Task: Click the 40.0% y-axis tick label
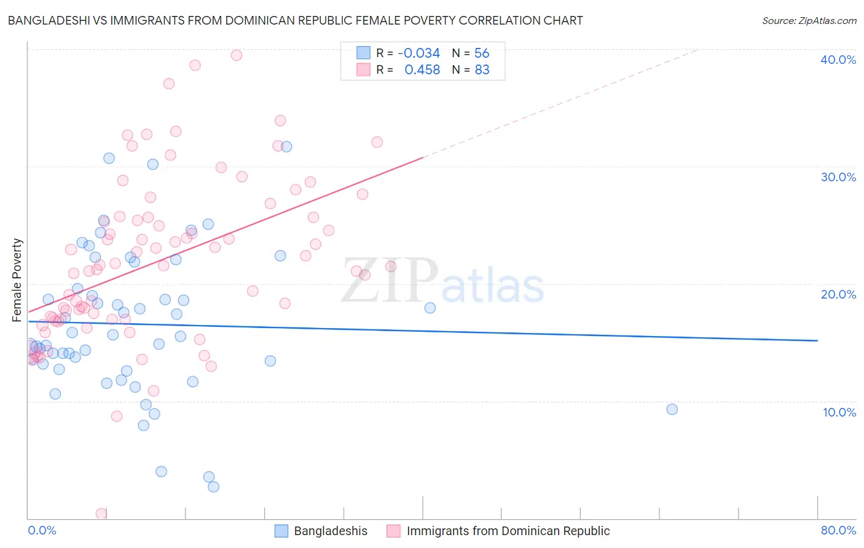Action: pos(838,60)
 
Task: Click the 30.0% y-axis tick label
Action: pos(838,177)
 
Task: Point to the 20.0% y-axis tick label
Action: pos(838,294)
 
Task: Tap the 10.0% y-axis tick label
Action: pos(839,412)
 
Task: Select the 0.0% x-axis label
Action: pos(42,530)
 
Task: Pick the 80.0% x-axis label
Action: pos(838,530)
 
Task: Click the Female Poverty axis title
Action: pos(17,280)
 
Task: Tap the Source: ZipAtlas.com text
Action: pos(809,20)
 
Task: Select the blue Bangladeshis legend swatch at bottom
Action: pos(281,531)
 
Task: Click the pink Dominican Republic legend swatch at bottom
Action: pos(394,531)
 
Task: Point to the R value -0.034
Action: pos(418,53)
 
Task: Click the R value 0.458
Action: pos(422,70)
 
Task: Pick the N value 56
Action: pos(482,53)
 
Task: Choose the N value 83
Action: pos(482,70)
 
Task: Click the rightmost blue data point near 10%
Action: pos(672,409)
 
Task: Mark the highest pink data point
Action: pos(236,55)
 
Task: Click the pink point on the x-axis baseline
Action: pos(101,514)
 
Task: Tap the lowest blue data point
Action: pos(213,487)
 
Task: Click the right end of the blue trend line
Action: pos(817,340)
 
